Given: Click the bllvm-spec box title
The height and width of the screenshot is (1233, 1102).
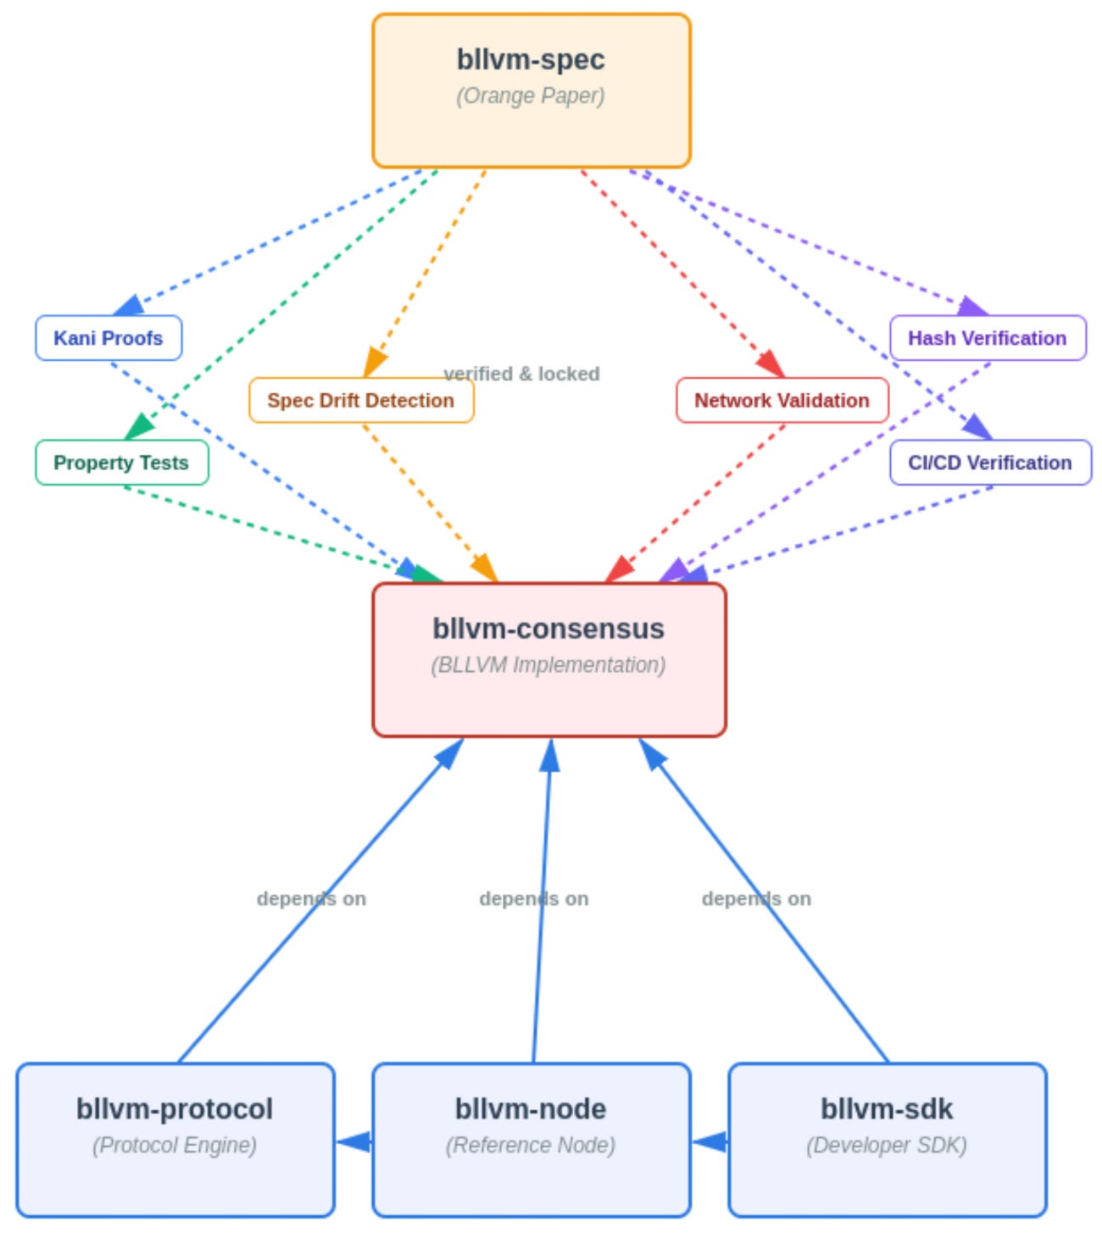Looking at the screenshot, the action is [531, 59].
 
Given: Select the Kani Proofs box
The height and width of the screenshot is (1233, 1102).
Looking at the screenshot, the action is [109, 338].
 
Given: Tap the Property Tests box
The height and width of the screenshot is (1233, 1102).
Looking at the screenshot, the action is [122, 463].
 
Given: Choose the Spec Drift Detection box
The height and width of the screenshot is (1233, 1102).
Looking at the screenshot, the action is [361, 401].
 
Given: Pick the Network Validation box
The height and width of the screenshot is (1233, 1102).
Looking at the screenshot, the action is [782, 401].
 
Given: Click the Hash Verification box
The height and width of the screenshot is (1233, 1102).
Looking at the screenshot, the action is [988, 338].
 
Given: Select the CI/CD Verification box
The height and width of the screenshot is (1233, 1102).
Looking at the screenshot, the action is [991, 463].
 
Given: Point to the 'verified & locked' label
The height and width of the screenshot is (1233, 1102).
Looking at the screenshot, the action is [522, 374].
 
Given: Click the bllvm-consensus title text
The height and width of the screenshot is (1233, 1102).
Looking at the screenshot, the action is [548, 629].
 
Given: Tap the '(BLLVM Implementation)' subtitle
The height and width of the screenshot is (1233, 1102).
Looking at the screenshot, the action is [548, 665].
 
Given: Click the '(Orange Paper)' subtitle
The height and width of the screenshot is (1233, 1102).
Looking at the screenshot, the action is [531, 96].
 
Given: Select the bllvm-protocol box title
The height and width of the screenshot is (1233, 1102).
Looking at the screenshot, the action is [175, 1108].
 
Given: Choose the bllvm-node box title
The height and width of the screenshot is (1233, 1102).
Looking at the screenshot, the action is [531, 1108].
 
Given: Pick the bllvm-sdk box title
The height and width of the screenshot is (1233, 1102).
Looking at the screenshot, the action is [887, 1108].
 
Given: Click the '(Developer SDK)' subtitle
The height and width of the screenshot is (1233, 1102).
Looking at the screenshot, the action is [887, 1146].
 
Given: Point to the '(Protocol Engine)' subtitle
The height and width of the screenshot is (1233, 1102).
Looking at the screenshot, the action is [175, 1146].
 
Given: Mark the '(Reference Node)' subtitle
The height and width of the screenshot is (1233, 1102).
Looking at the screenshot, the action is [531, 1146].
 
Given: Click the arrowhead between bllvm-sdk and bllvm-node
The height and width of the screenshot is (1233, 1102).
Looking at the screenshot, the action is [710, 1141].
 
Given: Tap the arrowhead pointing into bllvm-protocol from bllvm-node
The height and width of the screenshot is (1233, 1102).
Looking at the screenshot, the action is [353, 1141].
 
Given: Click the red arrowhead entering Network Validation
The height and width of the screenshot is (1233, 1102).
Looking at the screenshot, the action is [771, 364].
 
